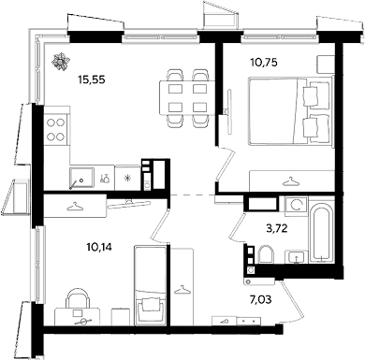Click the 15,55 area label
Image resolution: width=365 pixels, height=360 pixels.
(x=92, y=80)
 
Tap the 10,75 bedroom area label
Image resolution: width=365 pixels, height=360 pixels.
(x=264, y=63)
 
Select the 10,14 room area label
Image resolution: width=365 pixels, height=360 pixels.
(x=99, y=247)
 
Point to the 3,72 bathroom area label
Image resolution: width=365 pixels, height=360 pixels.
(x=276, y=229)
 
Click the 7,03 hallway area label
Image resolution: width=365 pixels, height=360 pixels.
(x=260, y=300)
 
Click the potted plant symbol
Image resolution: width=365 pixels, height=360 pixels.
(x=60, y=62)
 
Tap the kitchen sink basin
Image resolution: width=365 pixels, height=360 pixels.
(x=81, y=178)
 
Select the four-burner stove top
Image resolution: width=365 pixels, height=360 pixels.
(x=56, y=129)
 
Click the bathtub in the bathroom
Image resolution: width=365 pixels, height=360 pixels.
(x=321, y=231)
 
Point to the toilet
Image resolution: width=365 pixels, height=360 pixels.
(x=266, y=254)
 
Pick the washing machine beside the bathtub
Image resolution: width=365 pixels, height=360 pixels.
(x=296, y=206)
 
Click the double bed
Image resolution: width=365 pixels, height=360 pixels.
(x=290, y=110)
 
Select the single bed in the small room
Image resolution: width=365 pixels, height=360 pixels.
(x=150, y=285)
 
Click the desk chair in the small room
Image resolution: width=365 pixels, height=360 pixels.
(x=77, y=298)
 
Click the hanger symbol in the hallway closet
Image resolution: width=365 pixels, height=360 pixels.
(x=182, y=290)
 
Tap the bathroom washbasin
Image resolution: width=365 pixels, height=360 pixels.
(x=296, y=257)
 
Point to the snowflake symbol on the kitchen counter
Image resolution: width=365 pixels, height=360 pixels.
(x=127, y=178)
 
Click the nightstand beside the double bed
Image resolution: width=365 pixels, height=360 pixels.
(x=326, y=65)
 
